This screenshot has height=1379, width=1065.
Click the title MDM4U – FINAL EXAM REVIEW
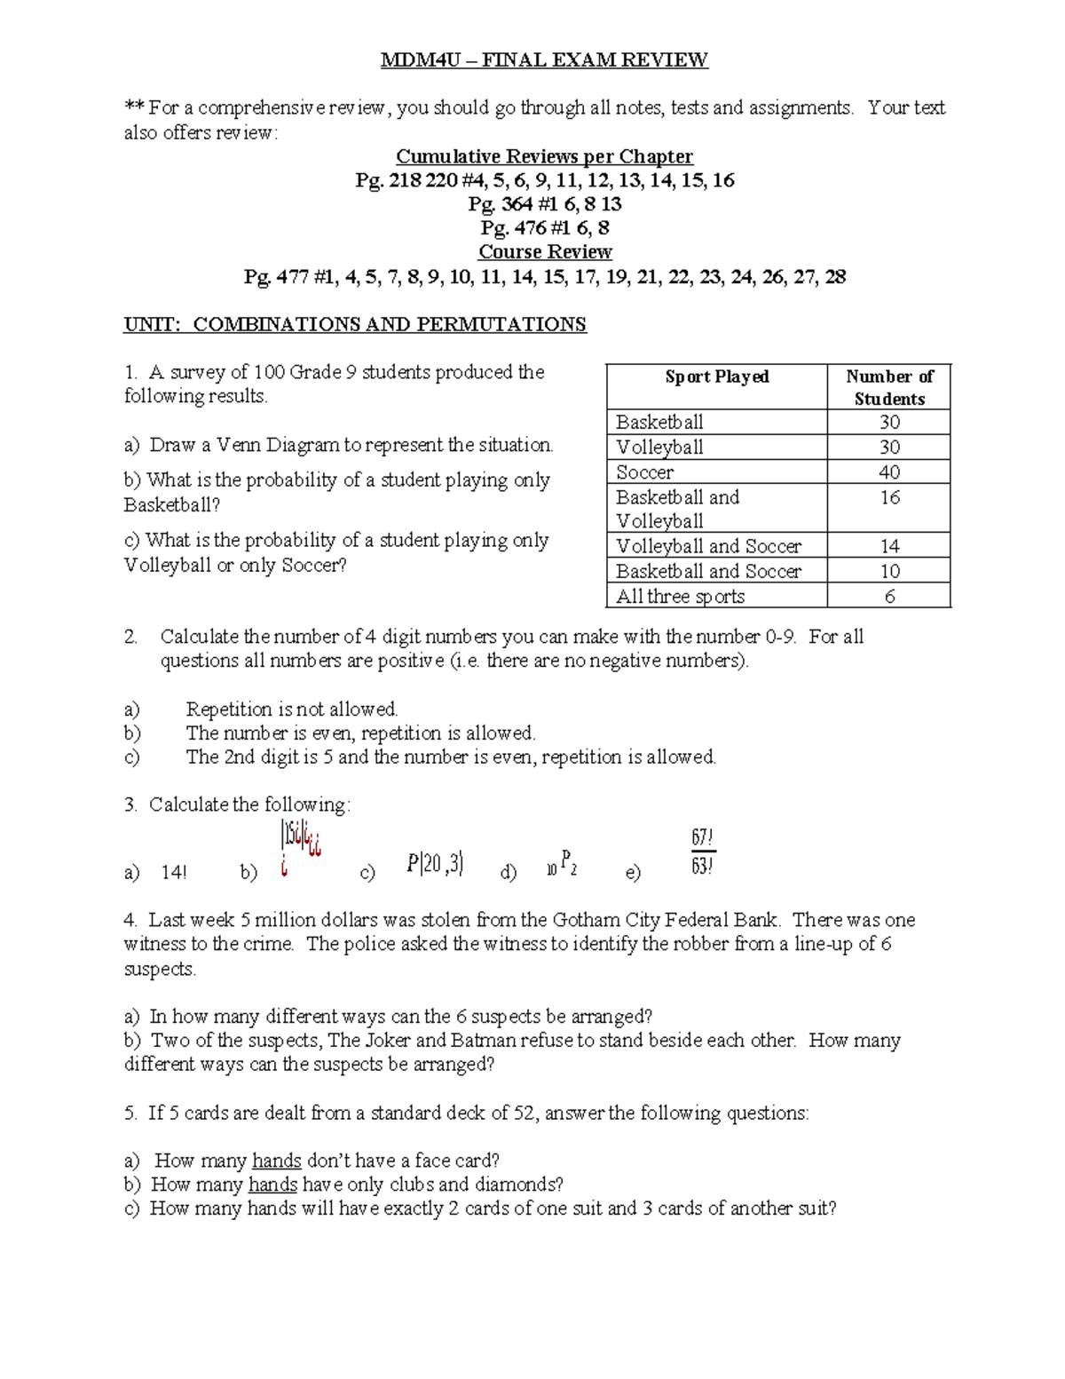tap(544, 60)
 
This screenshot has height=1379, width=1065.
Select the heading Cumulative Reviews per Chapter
tap(544, 157)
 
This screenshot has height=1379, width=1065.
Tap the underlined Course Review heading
tap(545, 252)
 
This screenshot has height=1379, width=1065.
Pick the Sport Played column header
tap(716, 377)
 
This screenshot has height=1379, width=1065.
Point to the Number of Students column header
tap(888, 387)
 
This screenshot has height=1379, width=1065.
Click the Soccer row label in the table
tap(644, 472)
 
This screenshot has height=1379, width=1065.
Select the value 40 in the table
tap(888, 472)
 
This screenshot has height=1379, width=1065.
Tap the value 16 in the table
tap(889, 497)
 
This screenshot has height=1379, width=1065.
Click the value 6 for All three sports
tap(889, 597)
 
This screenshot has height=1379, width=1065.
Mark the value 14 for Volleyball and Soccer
tap(889, 547)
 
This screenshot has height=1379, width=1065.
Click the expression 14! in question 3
tap(174, 873)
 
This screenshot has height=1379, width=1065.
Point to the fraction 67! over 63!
tap(702, 852)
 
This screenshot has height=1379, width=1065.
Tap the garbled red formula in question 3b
tap(299, 848)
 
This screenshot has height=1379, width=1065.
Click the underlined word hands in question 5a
tap(277, 1161)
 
